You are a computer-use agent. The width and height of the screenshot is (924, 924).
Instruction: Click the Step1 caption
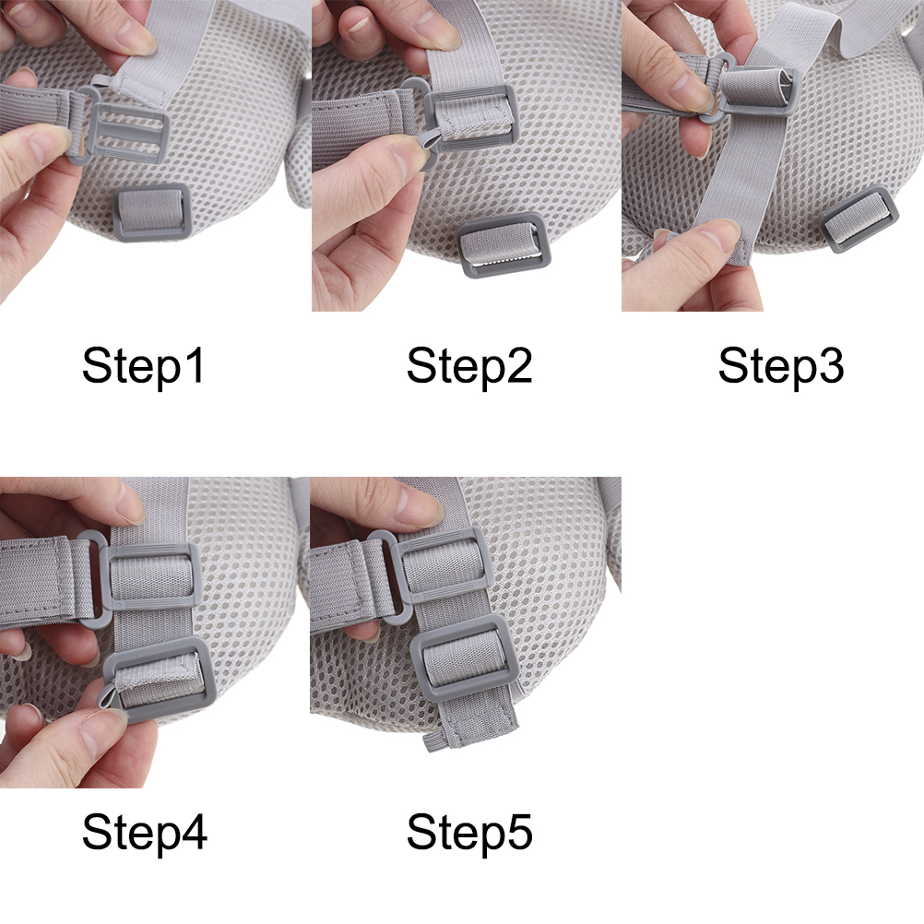[143, 366]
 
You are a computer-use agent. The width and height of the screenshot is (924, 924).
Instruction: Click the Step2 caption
[469, 366]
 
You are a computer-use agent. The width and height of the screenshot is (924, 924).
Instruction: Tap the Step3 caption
[781, 366]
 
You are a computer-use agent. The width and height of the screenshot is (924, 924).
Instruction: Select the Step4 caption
[145, 832]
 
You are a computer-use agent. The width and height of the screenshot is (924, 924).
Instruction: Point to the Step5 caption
[469, 832]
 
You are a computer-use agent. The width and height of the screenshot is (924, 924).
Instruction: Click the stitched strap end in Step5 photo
[471, 719]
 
